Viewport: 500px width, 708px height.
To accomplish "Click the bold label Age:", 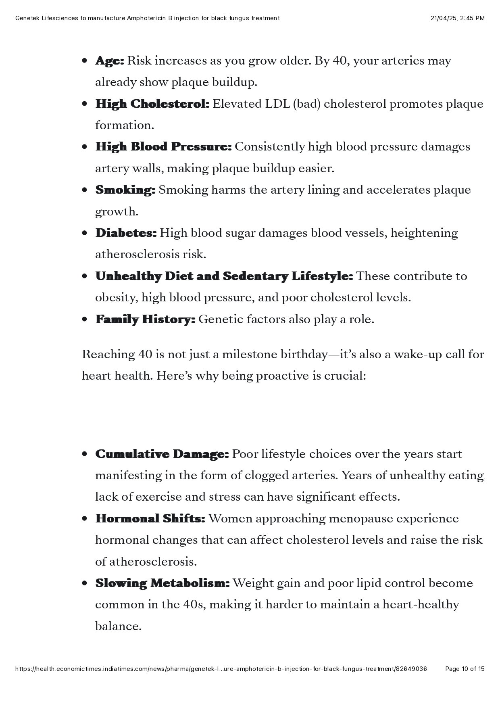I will [x=109, y=61].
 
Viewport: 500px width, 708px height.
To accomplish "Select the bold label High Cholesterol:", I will [x=152, y=104].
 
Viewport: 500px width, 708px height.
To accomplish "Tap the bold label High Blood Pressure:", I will [x=163, y=147].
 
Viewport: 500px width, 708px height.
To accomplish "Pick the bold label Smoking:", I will [x=125, y=190].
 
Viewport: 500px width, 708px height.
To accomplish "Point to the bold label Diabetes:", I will [x=126, y=233].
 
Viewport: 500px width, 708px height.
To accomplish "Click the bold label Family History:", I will [x=145, y=320].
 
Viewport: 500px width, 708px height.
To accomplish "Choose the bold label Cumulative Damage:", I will [x=162, y=454].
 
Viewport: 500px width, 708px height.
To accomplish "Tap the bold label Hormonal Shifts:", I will [x=150, y=519].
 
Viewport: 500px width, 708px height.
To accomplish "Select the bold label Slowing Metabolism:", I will [x=162, y=583].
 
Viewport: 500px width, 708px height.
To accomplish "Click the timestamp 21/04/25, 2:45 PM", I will [x=457, y=18].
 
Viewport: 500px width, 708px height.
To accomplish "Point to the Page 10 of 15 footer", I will [x=465, y=669].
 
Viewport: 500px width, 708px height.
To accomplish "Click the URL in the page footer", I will [x=221, y=669].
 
